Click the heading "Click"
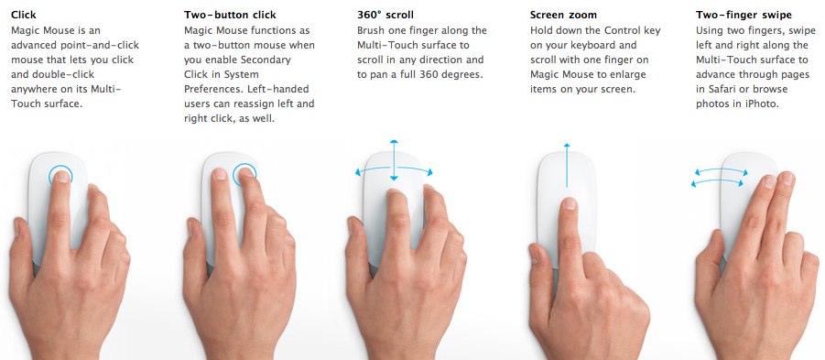[24, 15]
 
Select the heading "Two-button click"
[230, 15]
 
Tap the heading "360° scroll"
[385, 15]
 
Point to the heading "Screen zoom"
[563, 15]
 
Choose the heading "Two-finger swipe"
[744, 15]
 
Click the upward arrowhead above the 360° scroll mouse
[394, 142]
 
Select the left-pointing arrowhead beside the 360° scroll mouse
[359, 172]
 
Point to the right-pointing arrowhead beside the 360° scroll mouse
[429, 172]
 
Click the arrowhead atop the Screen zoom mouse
[566, 146]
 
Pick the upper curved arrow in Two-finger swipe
[721, 169]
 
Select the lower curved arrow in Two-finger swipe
[717, 180]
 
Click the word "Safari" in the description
[711, 90]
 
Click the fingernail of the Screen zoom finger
[570, 203]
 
